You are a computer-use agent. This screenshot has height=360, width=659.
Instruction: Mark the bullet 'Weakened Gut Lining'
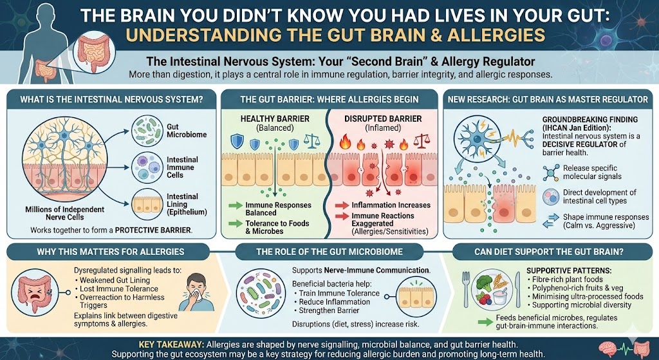coord(115,281)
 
